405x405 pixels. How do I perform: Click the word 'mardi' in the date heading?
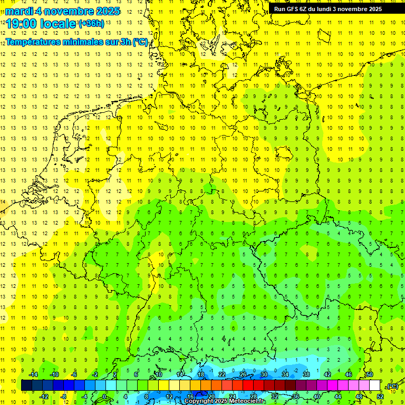pyautogui.click(x=19, y=11)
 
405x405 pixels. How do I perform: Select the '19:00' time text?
pyautogui.click(x=22, y=24)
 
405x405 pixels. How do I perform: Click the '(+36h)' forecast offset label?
pyautogui.click(x=91, y=24)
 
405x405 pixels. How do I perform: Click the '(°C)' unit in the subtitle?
pyautogui.click(x=140, y=42)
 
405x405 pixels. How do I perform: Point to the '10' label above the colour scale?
pyautogui.click(x=158, y=374)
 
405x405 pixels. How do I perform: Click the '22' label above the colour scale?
pyautogui.click(x=221, y=374)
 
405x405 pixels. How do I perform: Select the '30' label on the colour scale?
pyautogui.click(x=264, y=374)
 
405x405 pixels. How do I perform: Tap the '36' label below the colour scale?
pyautogui.click(x=295, y=397)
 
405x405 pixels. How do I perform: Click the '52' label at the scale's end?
pyautogui.click(x=380, y=397)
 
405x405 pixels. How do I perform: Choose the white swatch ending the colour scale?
pyautogui.click(x=374, y=385)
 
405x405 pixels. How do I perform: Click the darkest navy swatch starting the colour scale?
pyautogui.click(x=26, y=385)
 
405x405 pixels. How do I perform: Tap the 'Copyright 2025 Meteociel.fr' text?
pyautogui.click(x=225, y=401)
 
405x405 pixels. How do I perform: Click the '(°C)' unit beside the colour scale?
pyautogui.click(x=392, y=386)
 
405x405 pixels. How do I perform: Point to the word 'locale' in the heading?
pyautogui.click(x=59, y=24)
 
